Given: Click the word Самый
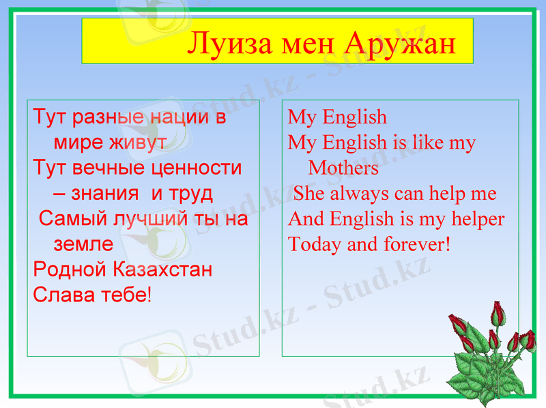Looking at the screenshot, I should tap(66, 219).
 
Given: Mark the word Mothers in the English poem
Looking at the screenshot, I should tap(343, 168).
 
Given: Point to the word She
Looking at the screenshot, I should tap(308, 194).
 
